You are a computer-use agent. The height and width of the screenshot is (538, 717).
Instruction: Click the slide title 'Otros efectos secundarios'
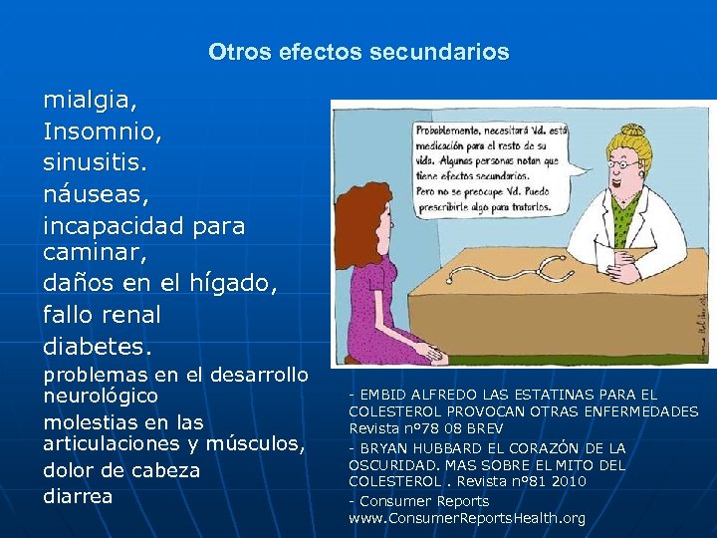358,52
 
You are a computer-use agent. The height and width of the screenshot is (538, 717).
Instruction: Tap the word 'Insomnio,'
100,131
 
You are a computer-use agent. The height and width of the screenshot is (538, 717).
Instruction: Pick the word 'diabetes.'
99,347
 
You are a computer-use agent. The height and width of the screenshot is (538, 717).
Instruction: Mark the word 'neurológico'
101,396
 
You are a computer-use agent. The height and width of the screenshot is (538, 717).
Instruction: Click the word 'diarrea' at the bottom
78,495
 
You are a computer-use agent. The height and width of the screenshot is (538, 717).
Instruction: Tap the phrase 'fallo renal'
102,315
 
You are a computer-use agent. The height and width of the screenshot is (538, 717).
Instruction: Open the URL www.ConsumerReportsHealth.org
467,518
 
